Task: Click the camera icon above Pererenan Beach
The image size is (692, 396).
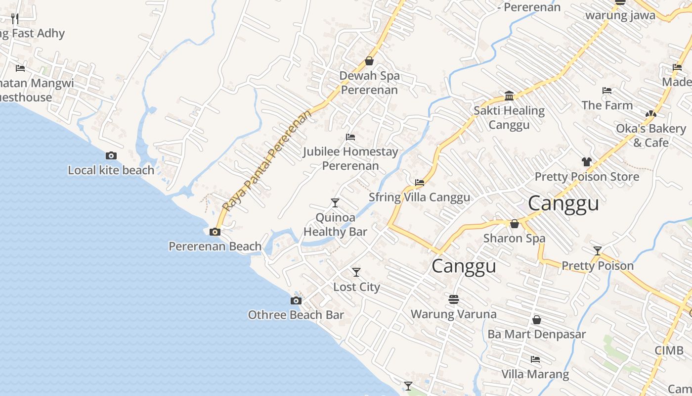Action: click(215, 232)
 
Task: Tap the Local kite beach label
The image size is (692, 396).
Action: click(111, 170)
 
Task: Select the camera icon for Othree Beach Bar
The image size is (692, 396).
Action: click(296, 300)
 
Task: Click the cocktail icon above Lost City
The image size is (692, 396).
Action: click(356, 272)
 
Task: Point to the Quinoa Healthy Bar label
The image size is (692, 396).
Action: click(335, 225)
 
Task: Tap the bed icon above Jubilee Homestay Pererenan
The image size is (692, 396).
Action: click(350, 137)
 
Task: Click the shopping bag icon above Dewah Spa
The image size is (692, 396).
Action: click(369, 61)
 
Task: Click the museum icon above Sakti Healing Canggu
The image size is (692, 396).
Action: click(509, 96)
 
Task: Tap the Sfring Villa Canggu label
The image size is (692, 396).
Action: click(419, 197)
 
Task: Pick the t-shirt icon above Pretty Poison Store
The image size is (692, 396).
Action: click(587, 162)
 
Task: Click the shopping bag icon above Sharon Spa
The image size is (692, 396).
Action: click(515, 224)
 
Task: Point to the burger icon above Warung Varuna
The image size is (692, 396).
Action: click(454, 299)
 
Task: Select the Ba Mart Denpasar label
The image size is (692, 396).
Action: click(536, 334)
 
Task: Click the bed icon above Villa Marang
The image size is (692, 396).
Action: click(535, 359)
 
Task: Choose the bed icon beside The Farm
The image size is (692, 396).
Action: click(607, 91)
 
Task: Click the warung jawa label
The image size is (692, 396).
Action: click(620, 15)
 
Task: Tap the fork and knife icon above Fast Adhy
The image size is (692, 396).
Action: click(15, 19)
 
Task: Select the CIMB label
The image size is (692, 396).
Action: click(669, 351)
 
